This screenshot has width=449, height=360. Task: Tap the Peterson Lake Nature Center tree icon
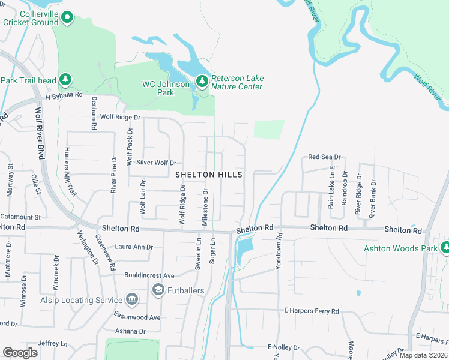coord(202,80)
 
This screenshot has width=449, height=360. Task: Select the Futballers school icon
coord(158,290)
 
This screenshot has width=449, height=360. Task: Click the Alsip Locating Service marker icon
coord(131,299)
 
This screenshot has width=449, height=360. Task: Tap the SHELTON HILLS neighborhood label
coord(209,175)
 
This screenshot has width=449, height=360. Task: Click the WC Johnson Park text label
coord(165,88)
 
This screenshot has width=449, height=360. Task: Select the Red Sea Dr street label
coord(324,157)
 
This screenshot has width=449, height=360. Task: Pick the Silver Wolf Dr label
coord(156,163)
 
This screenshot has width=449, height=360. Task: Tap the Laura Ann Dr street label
coord(134,247)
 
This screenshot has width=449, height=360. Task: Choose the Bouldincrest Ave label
coord(149,275)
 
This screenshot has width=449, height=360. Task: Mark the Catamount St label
coord(20,217)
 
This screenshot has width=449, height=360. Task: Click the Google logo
coord(20,352)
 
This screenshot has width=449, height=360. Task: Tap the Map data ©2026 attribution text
coord(423,355)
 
